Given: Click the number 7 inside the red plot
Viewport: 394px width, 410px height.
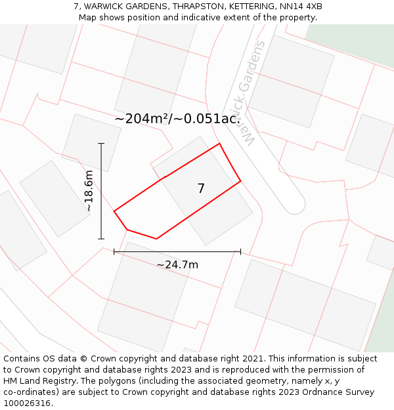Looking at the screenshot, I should tap(201, 188).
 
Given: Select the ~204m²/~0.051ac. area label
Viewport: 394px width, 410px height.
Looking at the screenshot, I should tap(177, 119).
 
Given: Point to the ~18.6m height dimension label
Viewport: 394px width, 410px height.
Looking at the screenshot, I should tap(89, 190).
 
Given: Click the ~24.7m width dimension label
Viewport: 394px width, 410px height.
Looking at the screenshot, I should tap(177, 265).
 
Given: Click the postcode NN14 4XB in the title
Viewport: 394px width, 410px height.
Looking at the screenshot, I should tap(301, 7).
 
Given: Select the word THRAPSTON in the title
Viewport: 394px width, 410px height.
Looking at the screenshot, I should tap(196, 7).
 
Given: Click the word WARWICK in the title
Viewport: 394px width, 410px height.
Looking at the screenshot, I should tap(105, 7).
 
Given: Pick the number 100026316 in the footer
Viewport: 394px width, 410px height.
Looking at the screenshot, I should tap(26, 403).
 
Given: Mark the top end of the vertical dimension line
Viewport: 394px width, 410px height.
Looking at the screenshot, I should tap(101, 143).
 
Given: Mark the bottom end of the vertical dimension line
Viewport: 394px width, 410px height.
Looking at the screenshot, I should tap(101, 239).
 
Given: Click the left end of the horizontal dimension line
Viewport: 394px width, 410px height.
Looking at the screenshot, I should tap(114, 251).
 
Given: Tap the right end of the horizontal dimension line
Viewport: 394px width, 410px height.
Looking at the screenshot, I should tap(240, 251).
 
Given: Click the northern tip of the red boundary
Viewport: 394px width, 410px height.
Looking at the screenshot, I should tap(219, 143).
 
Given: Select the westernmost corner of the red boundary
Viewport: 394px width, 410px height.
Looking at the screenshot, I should tap(114, 211).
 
